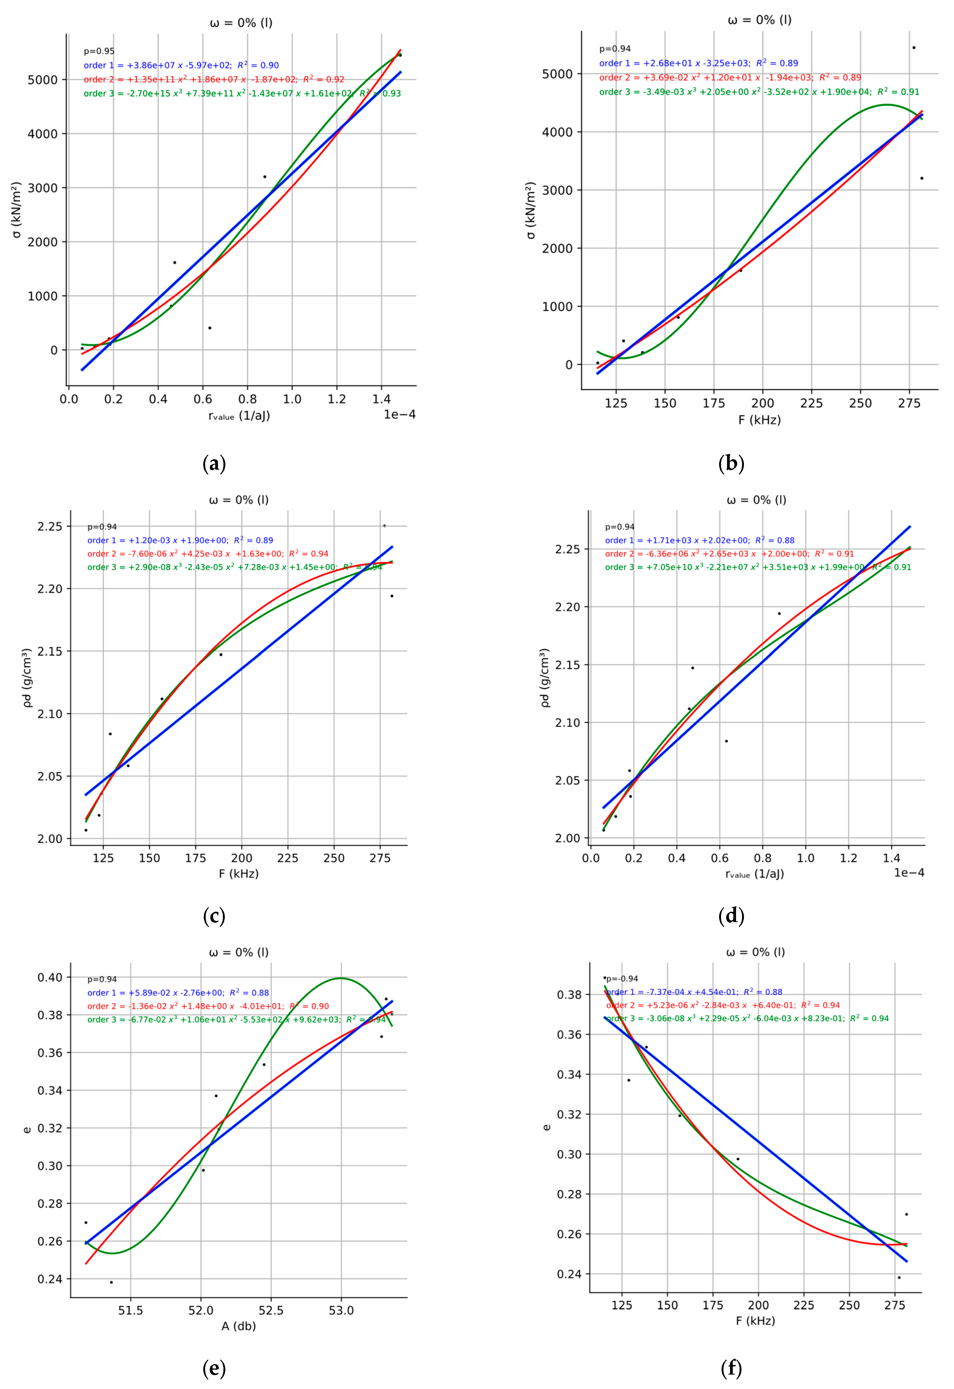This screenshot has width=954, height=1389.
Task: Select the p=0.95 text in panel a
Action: (x=99, y=51)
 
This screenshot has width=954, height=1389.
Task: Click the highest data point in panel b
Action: (x=913, y=48)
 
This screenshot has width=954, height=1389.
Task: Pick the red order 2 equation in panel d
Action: (x=729, y=554)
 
